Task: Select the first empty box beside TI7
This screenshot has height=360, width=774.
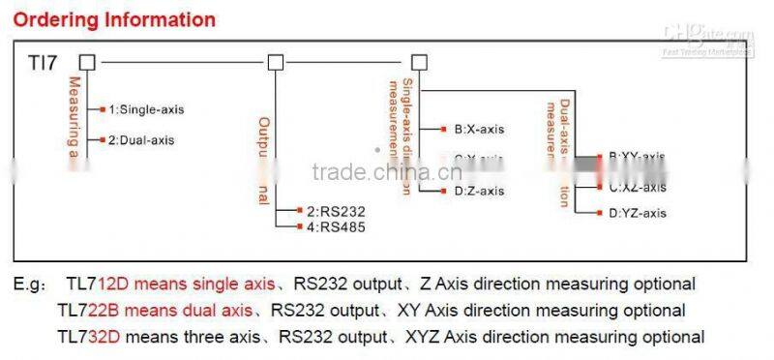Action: (87, 63)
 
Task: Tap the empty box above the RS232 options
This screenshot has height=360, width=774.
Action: (276, 63)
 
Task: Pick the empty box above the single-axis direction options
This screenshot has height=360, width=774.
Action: (419, 63)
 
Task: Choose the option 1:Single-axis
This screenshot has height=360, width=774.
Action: (145, 109)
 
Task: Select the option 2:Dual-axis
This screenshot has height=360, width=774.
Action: (141, 140)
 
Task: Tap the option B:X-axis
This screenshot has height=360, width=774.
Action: (479, 128)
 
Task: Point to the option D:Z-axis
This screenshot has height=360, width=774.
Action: (479, 191)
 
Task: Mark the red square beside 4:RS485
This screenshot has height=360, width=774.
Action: (302, 226)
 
